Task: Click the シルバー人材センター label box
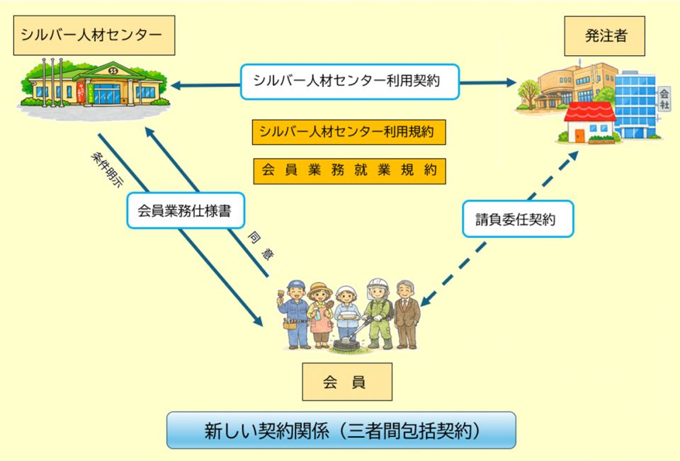pos(94,35)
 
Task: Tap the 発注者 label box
pos(604,36)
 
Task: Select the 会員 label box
pos(346,382)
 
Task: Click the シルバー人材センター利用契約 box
pos(349,81)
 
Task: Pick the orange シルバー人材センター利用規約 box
pos(349,132)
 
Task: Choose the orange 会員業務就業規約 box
pos(349,171)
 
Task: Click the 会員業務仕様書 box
pos(186,211)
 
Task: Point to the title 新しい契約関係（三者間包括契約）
pos(341,430)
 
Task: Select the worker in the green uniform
pos(378,312)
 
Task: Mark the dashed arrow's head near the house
pos(574,155)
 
